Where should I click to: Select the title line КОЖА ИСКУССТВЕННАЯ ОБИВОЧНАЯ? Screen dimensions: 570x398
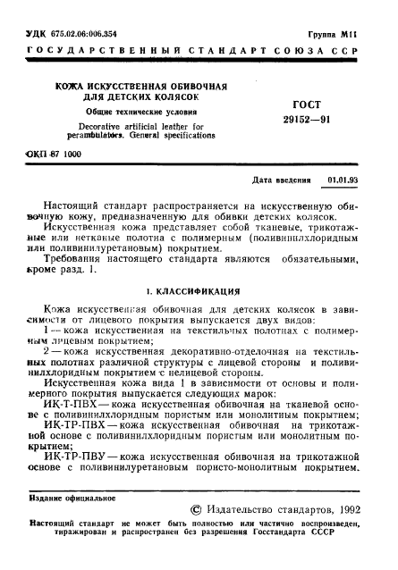pos(124,86)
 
